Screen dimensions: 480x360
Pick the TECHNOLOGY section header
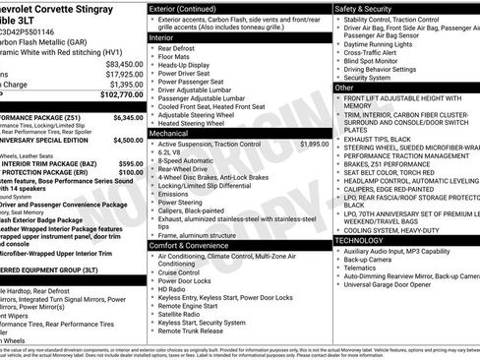tap(358, 240)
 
